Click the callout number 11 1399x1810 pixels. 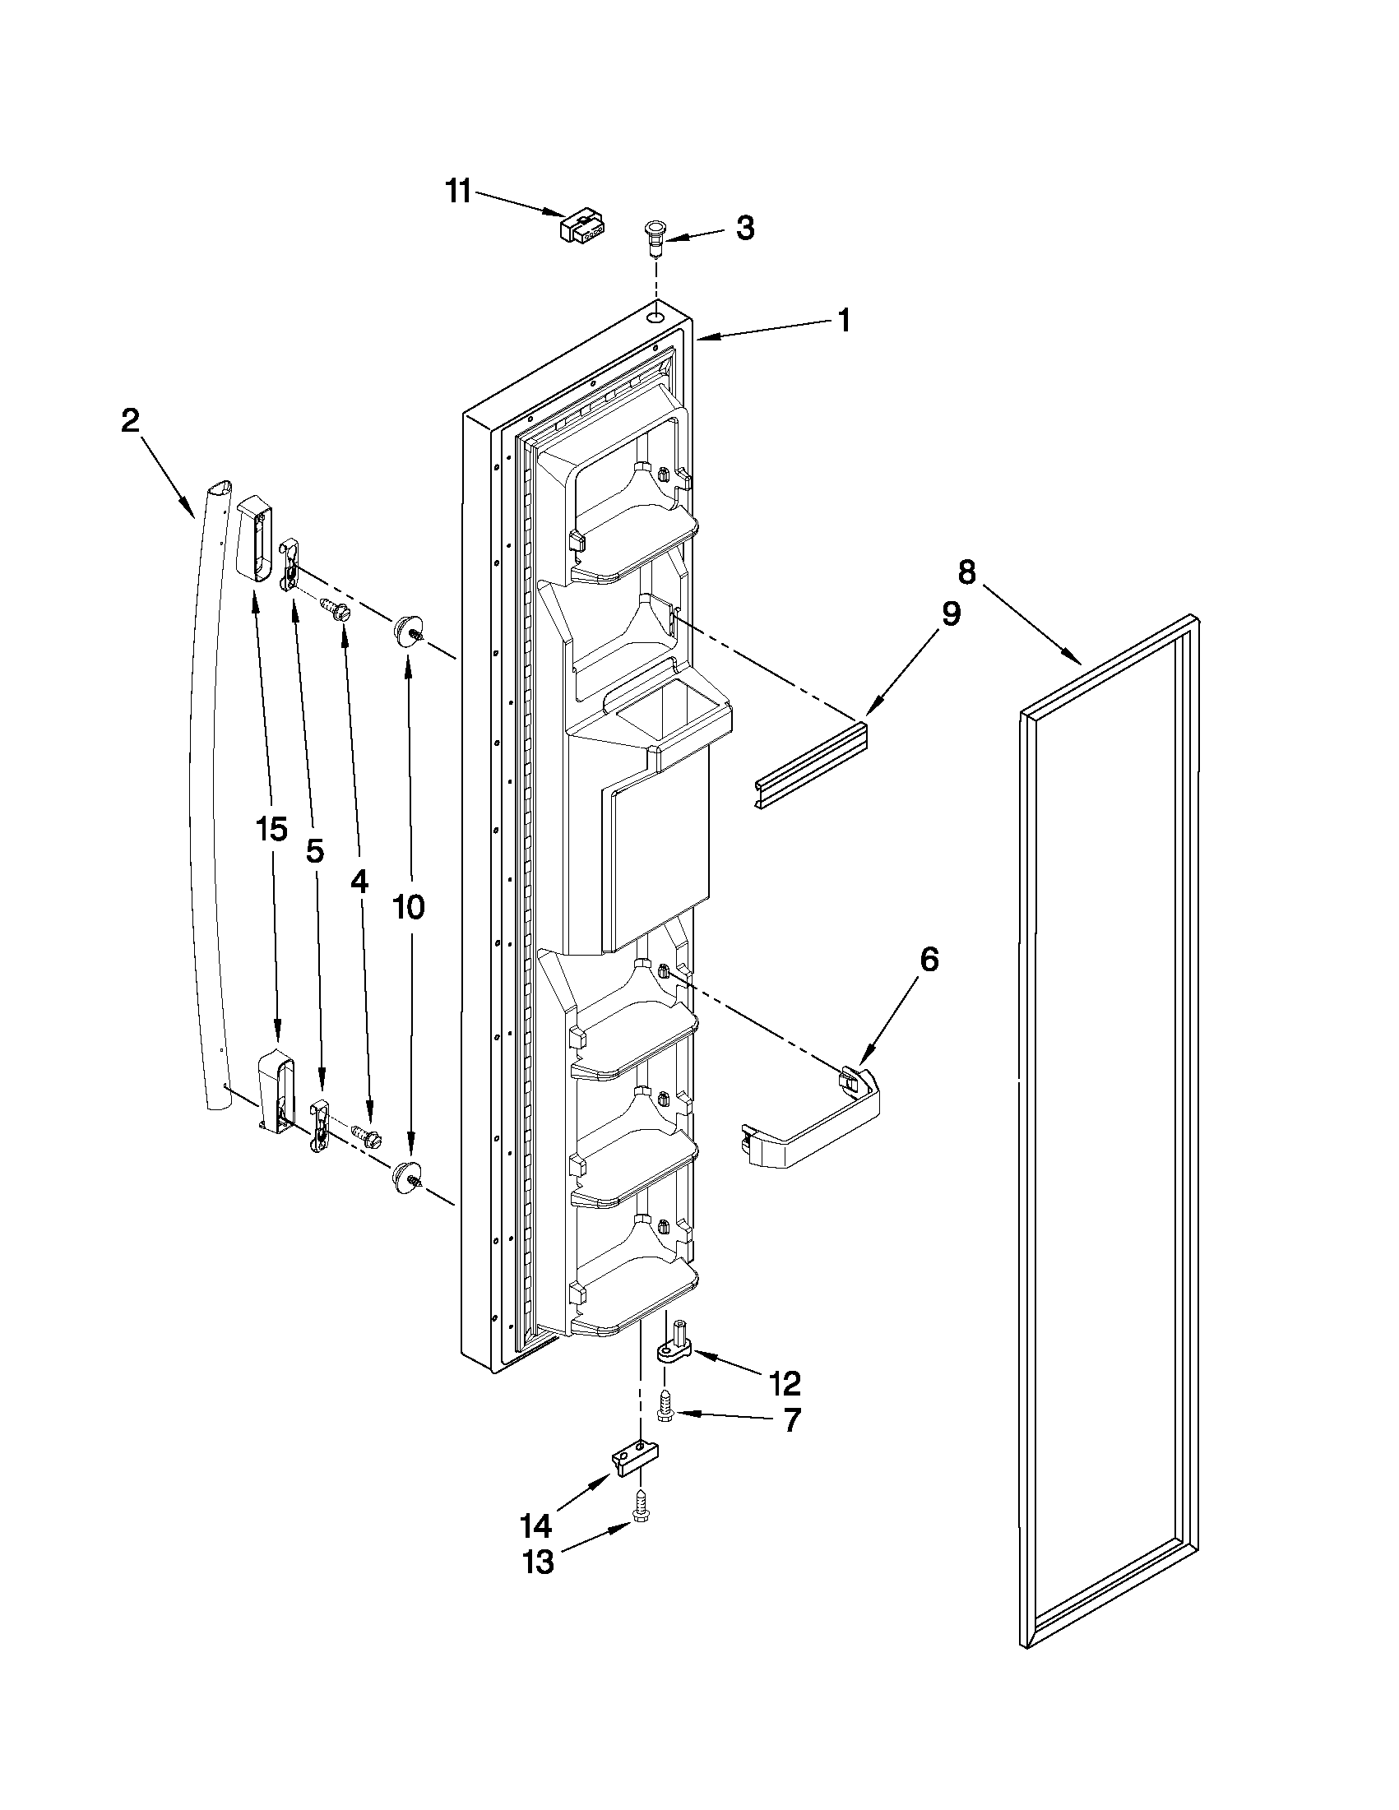(x=457, y=192)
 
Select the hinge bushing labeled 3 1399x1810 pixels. (x=655, y=234)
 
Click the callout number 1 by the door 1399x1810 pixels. (x=844, y=320)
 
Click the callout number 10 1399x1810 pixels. (x=408, y=908)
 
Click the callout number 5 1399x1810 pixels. (x=315, y=850)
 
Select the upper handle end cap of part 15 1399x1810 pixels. (x=254, y=536)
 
